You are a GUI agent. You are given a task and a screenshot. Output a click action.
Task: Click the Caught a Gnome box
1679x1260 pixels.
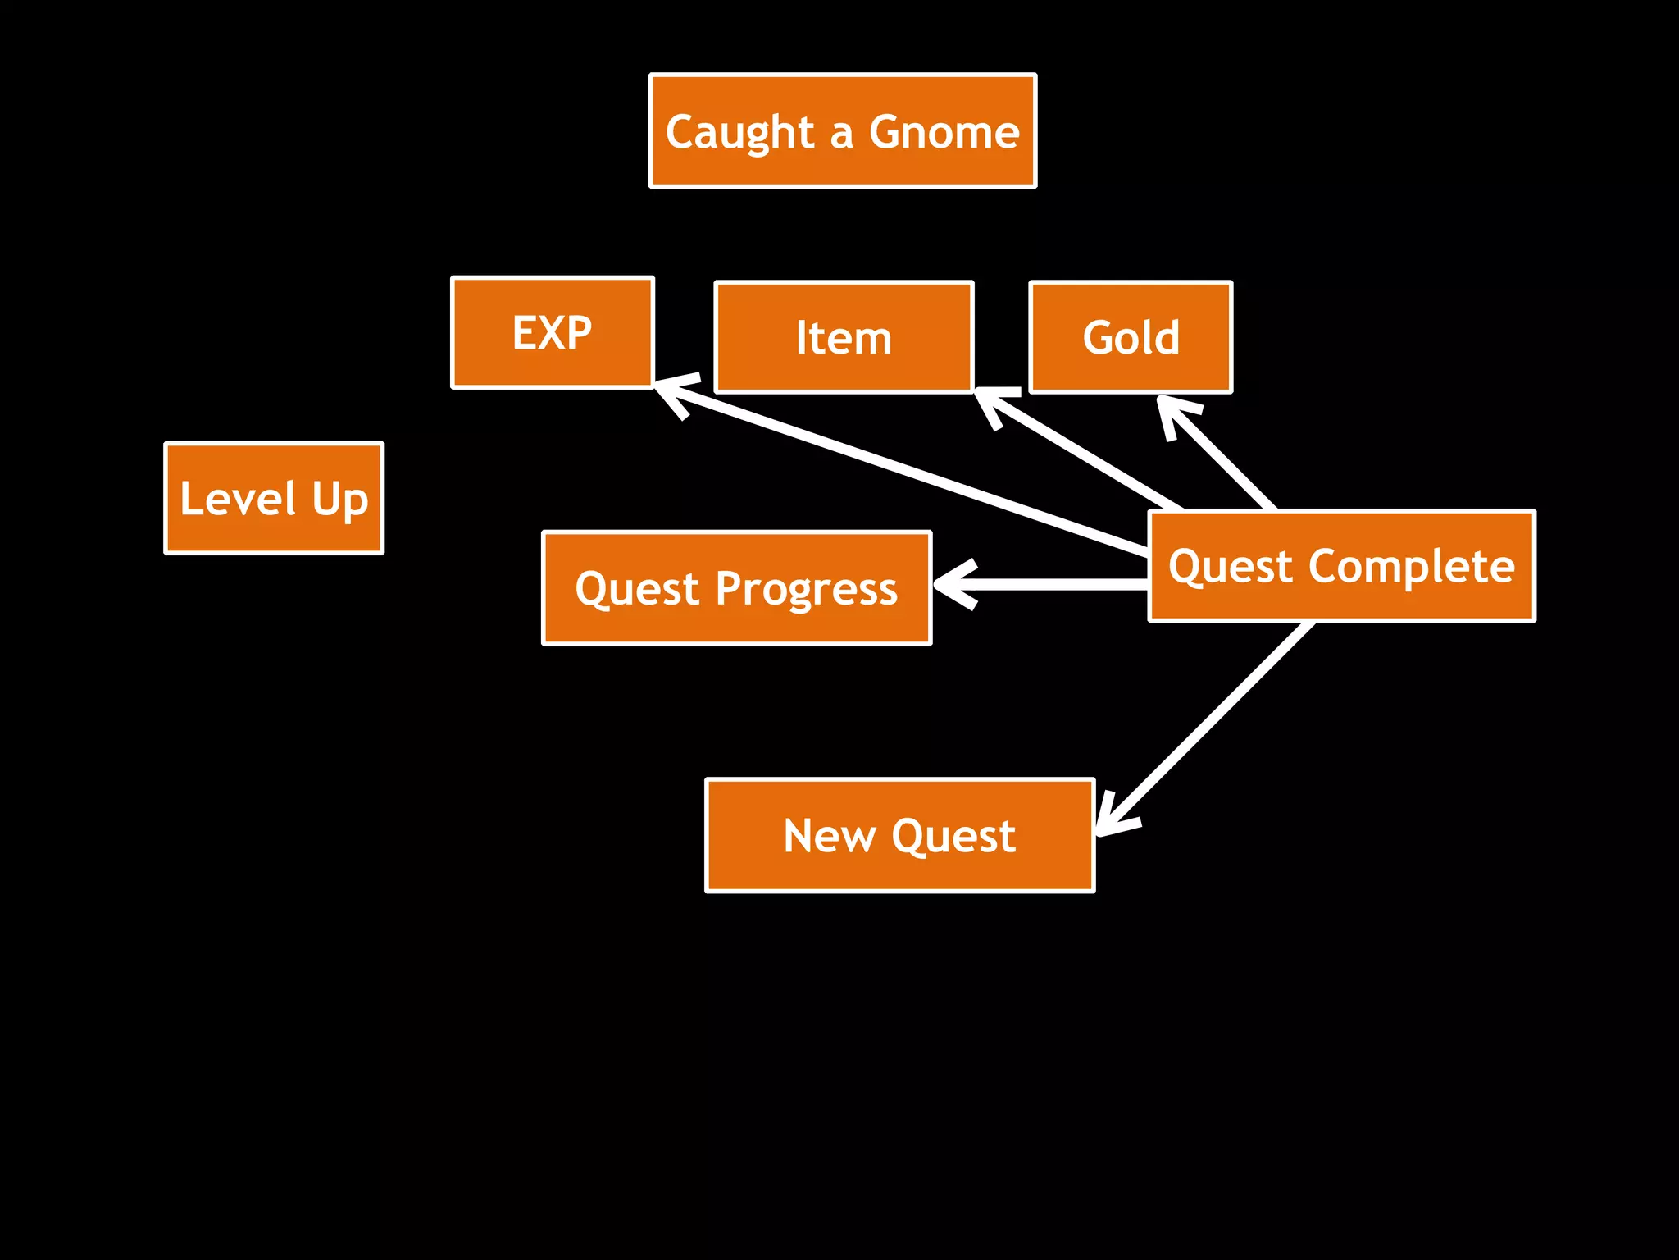[843, 131]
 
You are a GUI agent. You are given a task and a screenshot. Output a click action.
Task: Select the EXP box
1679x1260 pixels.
[553, 332]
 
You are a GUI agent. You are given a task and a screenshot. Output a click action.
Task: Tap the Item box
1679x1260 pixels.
[844, 337]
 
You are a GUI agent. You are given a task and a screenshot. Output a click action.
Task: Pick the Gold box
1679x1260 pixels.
[1131, 337]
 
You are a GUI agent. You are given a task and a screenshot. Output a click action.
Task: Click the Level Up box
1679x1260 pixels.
[274, 499]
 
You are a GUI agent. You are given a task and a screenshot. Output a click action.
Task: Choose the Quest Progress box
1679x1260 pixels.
[736, 588]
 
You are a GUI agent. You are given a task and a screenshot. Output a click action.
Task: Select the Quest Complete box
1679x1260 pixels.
[1341, 566]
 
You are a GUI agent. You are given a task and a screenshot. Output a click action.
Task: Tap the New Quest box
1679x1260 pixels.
[899, 835]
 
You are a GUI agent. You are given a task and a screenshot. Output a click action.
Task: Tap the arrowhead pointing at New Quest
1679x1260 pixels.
[1111, 816]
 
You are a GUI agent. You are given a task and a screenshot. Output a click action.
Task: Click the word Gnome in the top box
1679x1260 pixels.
[944, 131]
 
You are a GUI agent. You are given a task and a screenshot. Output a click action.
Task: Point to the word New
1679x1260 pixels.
[830, 835]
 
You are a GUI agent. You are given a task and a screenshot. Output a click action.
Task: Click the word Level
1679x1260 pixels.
[238, 499]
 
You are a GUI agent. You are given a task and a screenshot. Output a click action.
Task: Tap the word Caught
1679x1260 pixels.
[739, 133]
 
